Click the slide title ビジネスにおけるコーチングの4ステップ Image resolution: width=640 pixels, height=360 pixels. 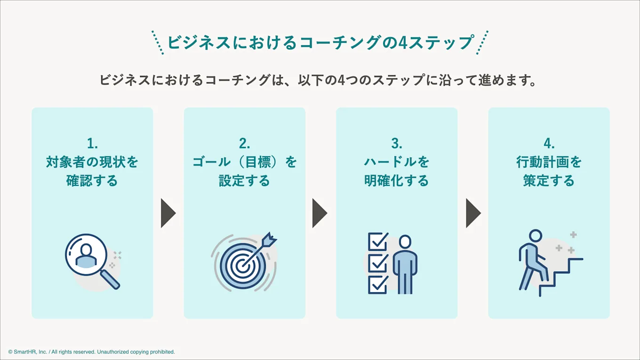pyautogui.click(x=320, y=42)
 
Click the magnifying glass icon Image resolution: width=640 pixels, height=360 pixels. pyautogui.click(x=91, y=260)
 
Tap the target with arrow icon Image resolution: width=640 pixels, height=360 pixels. pyautogui.click(x=244, y=263)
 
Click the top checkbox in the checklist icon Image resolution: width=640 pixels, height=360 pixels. pyautogui.click(x=377, y=242)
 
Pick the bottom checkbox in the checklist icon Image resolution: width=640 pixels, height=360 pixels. pyautogui.click(x=377, y=284)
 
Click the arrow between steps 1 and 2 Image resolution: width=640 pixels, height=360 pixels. pyautogui.click(x=168, y=213)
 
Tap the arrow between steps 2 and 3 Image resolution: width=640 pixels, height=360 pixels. pyautogui.click(x=319, y=213)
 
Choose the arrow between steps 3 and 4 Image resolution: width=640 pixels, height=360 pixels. pyautogui.click(x=473, y=213)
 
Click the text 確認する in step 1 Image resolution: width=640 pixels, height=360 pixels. pyautogui.click(x=92, y=181)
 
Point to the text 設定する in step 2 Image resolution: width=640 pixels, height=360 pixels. pyautogui.click(x=244, y=181)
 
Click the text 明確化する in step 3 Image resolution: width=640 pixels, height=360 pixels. pyautogui.click(x=397, y=181)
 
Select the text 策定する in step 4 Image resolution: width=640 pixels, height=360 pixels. pyautogui.click(x=549, y=181)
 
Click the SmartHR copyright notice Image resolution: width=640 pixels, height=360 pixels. pyautogui.click(x=91, y=352)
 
